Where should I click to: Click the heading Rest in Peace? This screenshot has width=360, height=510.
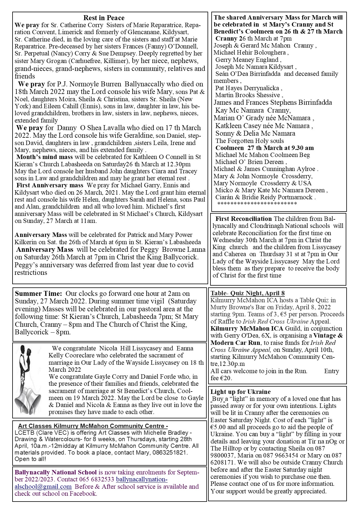tap(104, 18)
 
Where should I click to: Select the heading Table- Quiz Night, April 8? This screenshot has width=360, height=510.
tap(247, 293)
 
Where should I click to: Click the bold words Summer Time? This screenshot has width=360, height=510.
tap(38, 294)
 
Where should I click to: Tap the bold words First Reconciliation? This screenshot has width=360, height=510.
tap(243, 219)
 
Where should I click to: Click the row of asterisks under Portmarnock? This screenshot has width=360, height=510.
tap(257, 204)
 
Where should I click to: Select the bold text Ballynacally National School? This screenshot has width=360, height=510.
tap(56, 472)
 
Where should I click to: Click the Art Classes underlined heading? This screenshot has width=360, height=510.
tap(93, 426)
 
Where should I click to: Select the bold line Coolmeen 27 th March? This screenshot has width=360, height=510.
tap(264, 148)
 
